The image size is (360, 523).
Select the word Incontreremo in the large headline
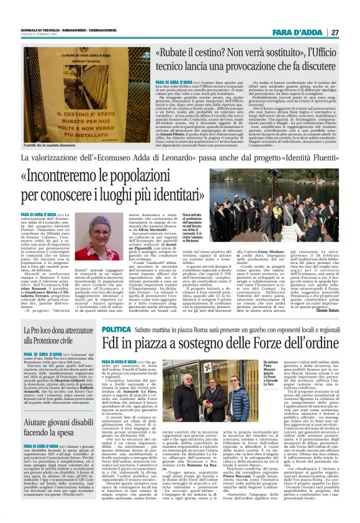click(80, 176)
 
